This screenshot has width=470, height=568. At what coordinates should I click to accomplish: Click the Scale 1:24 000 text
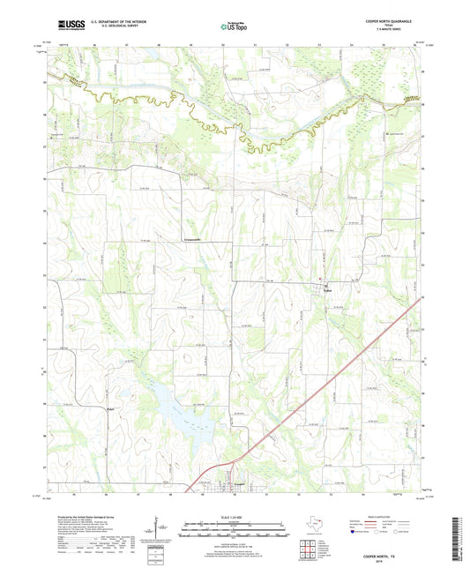point(235,515)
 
